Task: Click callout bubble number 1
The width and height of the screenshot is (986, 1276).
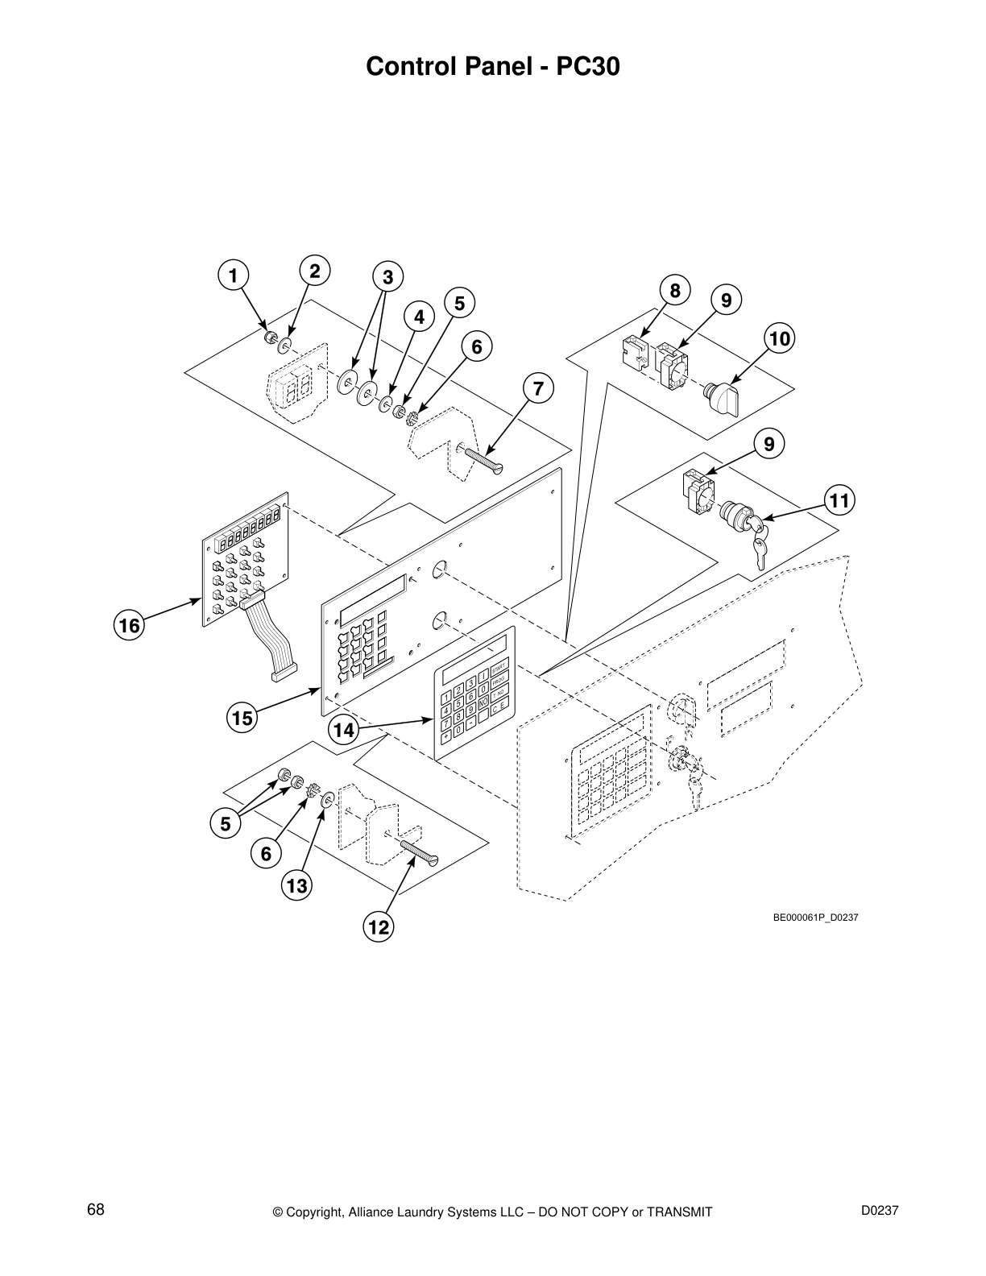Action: (232, 276)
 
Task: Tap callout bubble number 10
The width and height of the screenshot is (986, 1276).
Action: (779, 338)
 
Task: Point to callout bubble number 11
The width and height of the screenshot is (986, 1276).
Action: (839, 501)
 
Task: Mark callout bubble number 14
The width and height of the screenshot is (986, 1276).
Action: (344, 730)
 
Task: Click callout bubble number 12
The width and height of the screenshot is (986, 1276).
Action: (378, 927)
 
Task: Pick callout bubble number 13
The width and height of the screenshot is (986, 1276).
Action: (297, 886)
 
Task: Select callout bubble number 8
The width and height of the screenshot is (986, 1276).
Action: (675, 290)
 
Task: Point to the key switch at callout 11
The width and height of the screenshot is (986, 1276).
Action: (745, 518)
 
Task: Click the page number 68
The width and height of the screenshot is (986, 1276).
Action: (96, 1210)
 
